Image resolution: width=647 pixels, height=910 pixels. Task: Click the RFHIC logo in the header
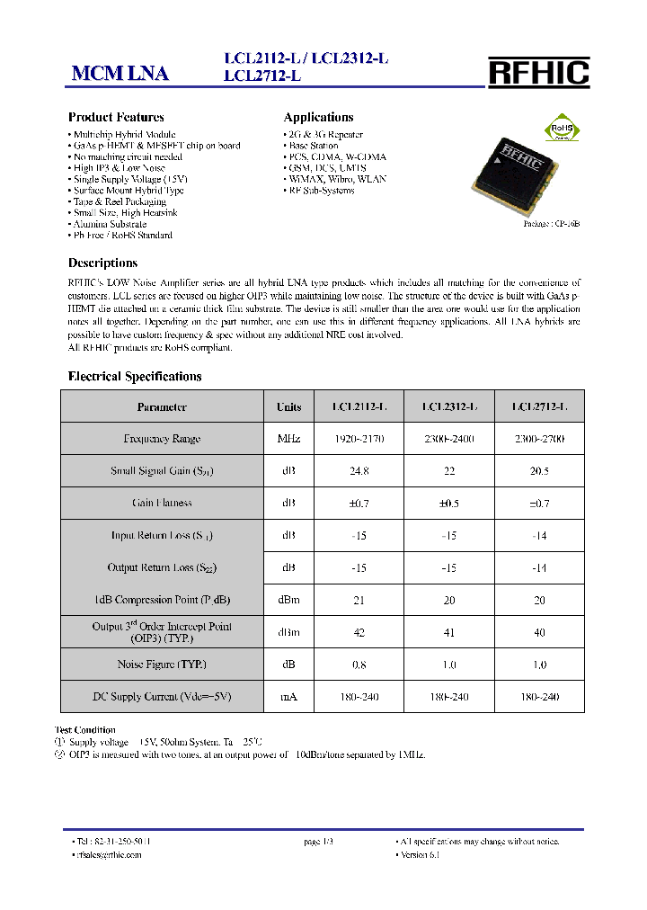(x=538, y=72)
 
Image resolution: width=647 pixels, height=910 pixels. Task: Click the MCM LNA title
(x=120, y=75)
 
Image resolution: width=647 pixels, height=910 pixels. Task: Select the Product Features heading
(x=116, y=118)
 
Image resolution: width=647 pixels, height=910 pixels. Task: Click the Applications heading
(x=318, y=118)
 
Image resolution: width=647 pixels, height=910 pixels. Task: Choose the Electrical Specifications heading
(x=135, y=377)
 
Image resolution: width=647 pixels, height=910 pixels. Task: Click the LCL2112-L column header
(x=359, y=407)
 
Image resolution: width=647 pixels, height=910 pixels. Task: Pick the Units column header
(x=288, y=407)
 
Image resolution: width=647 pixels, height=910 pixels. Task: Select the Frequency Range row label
(x=162, y=439)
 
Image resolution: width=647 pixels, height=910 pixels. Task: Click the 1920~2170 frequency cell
(x=359, y=439)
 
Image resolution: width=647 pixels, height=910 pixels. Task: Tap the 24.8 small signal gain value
(x=359, y=471)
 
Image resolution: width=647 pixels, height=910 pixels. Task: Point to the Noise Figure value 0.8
(x=359, y=665)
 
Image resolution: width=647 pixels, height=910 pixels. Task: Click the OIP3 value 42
(x=359, y=633)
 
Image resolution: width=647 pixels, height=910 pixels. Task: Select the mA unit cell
(x=288, y=697)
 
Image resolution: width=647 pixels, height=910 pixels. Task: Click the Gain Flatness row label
(x=162, y=504)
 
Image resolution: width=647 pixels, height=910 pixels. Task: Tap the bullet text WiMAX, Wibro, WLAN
(x=337, y=179)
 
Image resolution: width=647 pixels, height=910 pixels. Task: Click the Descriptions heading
(x=102, y=263)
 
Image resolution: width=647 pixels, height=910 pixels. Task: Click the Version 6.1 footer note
(x=419, y=855)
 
